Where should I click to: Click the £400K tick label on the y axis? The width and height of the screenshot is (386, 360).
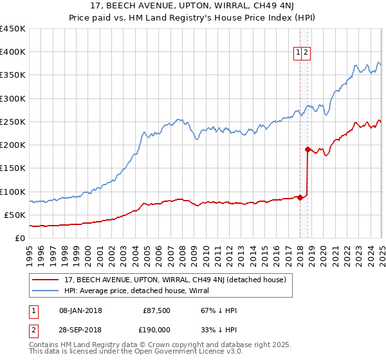coord(13,52)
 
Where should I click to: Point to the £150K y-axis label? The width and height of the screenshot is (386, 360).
coord(13,168)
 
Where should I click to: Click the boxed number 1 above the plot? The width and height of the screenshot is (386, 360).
coord(299,53)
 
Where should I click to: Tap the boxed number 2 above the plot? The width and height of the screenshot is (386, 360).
coord(307,53)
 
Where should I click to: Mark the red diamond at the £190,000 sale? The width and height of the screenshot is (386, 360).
coord(308,149)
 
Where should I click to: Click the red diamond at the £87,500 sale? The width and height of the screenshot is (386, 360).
coord(300,197)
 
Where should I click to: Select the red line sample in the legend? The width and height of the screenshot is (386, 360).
coord(47,279)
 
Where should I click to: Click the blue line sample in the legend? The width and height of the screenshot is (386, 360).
coord(47,290)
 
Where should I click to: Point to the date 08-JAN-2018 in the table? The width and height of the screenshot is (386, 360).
coord(80,310)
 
